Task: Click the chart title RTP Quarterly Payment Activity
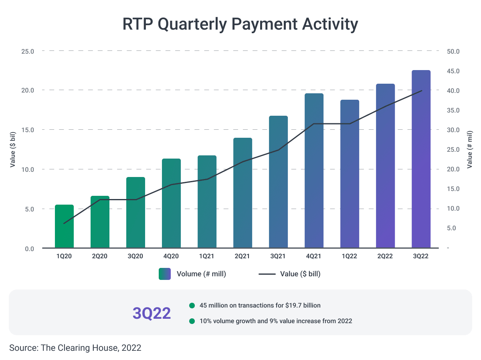[x=240, y=24]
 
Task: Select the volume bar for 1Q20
[x=64, y=226]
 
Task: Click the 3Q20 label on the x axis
[x=135, y=256]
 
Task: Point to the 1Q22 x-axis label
[x=350, y=256]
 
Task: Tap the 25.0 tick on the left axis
[x=27, y=51]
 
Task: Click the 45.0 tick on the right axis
[x=453, y=71]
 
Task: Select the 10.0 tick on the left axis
[x=27, y=169]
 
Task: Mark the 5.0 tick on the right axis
[x=451, y=228]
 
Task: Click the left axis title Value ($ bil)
[x=13, y=149]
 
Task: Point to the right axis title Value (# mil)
[x=470, y=149]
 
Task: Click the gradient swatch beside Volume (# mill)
[x=165, y=274]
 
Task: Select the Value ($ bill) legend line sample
[x=267, y=274]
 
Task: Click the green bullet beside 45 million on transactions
[x=192, y=306]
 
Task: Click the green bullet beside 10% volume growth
[x=192, y=321]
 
